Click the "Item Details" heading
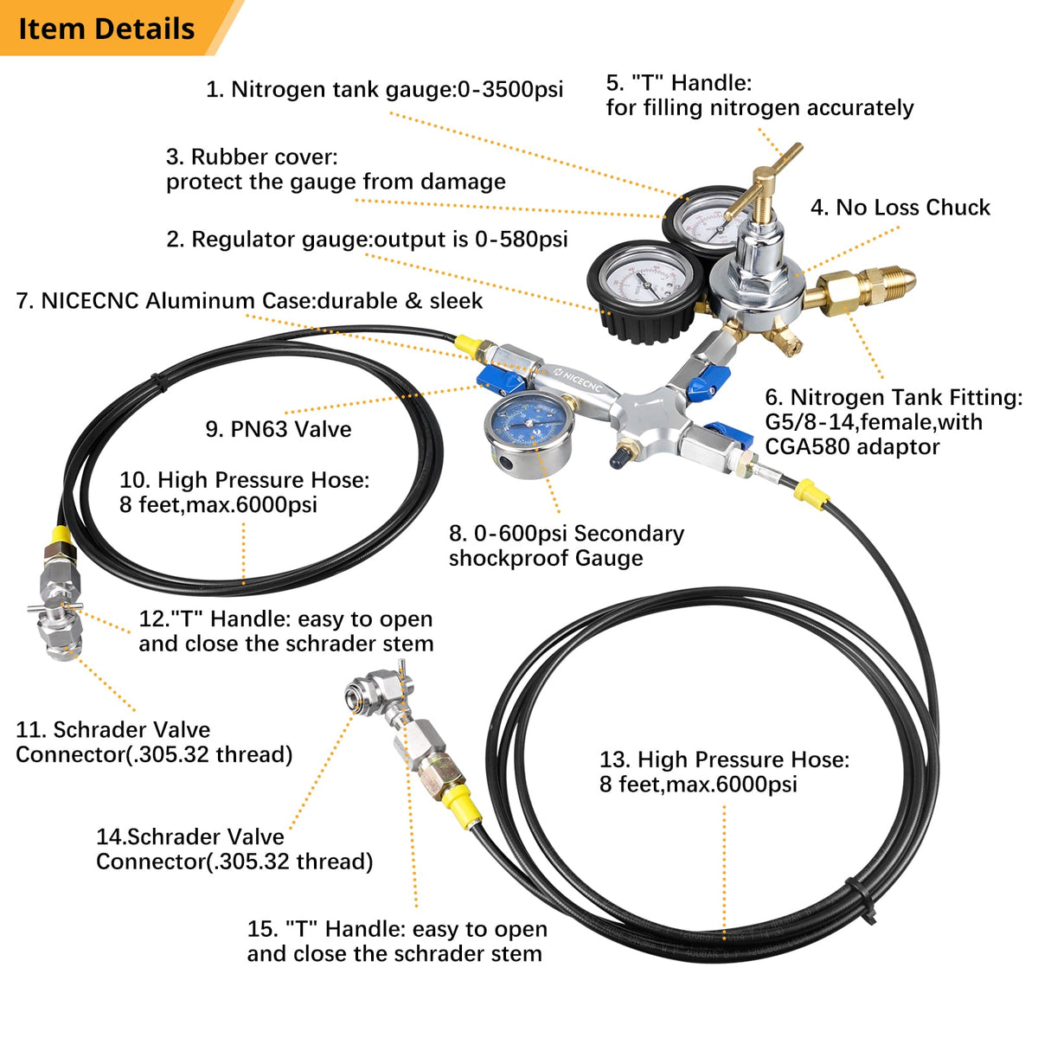(x=106, y=29)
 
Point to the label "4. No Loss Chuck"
(x=900, y=208)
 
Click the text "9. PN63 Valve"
(x=279, y=429)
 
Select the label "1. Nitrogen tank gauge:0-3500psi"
(x=384, y=89)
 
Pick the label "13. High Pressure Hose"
(x=724, y=772)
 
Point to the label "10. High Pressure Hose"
(x=244, y=492)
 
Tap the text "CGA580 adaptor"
(x=851, y=447)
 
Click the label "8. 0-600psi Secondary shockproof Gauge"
(x=566, y=546)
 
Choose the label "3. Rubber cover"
(x=336, y=169)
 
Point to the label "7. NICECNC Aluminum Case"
(x=249, y=301)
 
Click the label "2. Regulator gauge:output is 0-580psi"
(x=367, y=240)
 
